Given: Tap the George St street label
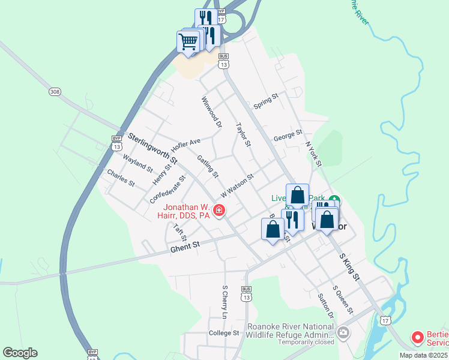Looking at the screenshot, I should point(288,136).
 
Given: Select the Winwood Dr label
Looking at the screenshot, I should point(212,112).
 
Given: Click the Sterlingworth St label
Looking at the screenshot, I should point(153,149).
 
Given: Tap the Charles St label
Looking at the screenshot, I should point(121,177).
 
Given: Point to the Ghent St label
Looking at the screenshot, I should point(185,246).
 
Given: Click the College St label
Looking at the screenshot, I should point(224,333).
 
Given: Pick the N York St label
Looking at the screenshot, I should point(313,154).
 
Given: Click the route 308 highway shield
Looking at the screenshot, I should point(55,92).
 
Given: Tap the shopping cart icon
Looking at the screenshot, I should point(188,42).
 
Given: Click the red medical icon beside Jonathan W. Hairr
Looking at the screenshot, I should point(220,210).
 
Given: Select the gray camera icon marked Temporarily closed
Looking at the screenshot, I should point(343,332).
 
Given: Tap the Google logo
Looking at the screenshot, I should point(20,353).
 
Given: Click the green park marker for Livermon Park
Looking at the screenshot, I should point(335,200).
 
